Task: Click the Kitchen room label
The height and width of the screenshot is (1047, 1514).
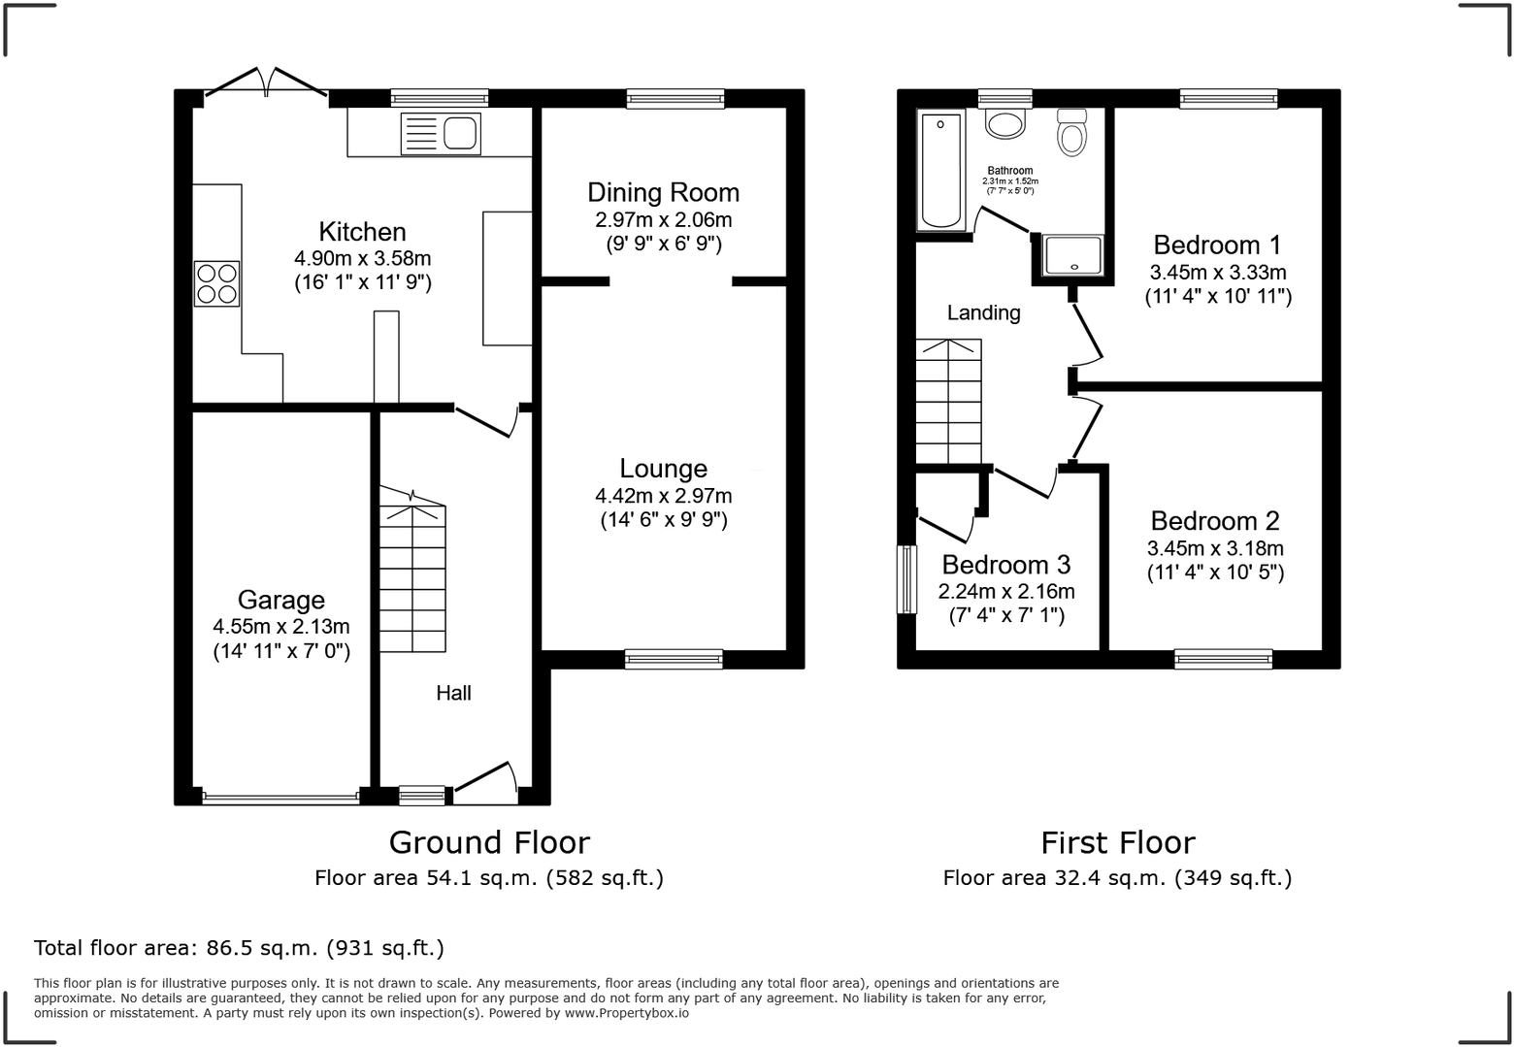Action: [362, 232]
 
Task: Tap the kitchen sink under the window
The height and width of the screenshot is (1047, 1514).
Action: [440, 134]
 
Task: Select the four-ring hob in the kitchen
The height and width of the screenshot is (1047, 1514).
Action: [216, 283]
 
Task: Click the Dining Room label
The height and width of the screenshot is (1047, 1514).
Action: [663, 192]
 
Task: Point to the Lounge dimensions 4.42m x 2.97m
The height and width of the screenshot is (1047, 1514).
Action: [663, 496]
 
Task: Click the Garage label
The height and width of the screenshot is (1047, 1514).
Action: [280, 600]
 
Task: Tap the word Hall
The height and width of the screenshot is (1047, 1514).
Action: [453, 693]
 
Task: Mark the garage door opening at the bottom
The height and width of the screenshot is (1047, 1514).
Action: [280, 799]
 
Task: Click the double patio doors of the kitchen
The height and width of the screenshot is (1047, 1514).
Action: [266, 82]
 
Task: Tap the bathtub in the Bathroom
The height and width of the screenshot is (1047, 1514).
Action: [939, 170]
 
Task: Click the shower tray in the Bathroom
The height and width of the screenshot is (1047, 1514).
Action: [1072, 255]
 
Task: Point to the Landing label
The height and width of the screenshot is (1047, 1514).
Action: [983, 312]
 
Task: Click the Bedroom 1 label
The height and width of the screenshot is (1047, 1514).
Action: [1217, 245]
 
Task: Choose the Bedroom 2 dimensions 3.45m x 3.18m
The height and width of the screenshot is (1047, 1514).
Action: [1215, 548]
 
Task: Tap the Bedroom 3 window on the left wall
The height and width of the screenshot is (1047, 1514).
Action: [907, 579]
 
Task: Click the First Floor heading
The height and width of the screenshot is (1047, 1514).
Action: [1117, 842]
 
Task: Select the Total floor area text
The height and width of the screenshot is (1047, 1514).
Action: [239, 947]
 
